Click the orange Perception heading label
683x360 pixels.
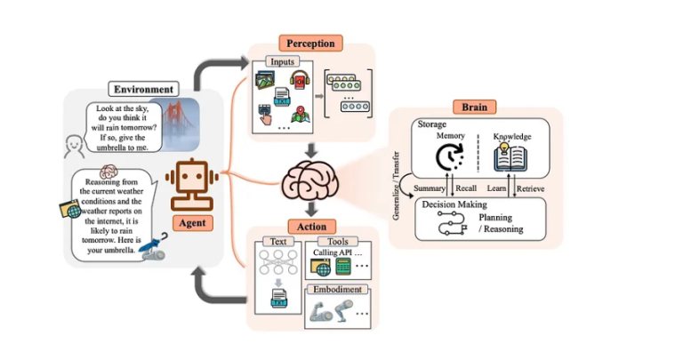(x=310, y=43)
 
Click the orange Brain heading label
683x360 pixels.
(x=475, y=107)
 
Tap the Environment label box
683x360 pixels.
(x=143, y=89)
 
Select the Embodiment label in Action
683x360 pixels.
(x=335, y=290)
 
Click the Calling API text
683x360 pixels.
(x=329, y=253)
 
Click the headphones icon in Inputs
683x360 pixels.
(x=299, y=81)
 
